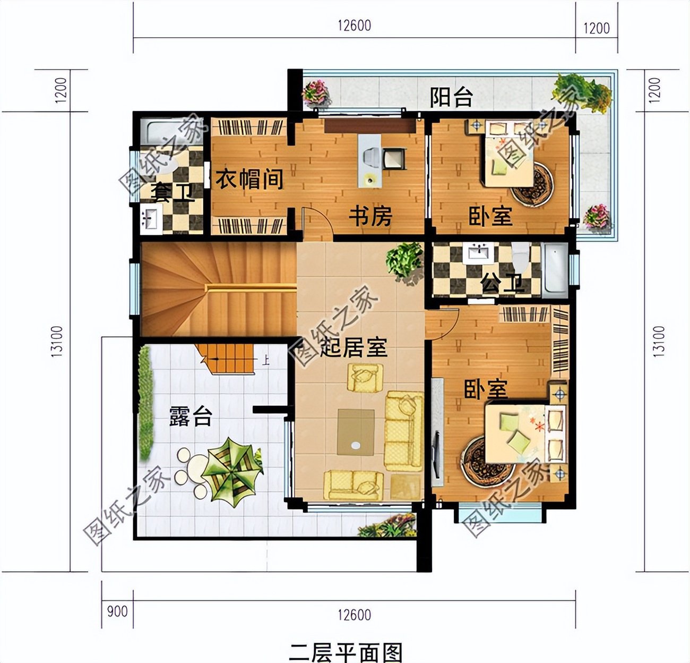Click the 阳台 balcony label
[451, 97]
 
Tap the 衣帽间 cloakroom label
[249, 180]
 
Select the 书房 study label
[370, 216]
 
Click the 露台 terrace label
[191, 416]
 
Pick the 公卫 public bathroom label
[503, 284]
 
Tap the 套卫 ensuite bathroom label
[172, 192]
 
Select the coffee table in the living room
[356, 432]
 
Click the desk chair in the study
[393, 159]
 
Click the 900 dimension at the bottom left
[117, 611]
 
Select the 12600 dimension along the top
[353, 25]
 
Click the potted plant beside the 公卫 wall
[406, 260]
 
